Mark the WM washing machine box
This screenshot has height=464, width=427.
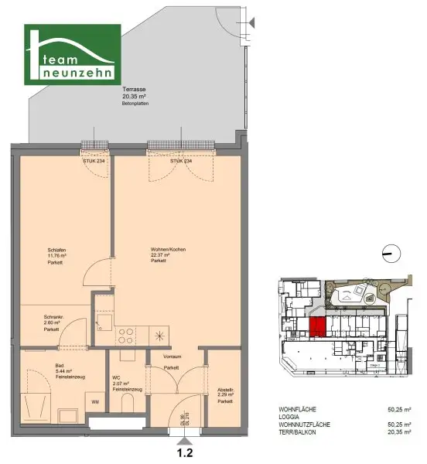96,402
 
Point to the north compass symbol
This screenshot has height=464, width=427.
392,251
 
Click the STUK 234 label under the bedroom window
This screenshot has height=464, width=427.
94,161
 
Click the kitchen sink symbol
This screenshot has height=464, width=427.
103,322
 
